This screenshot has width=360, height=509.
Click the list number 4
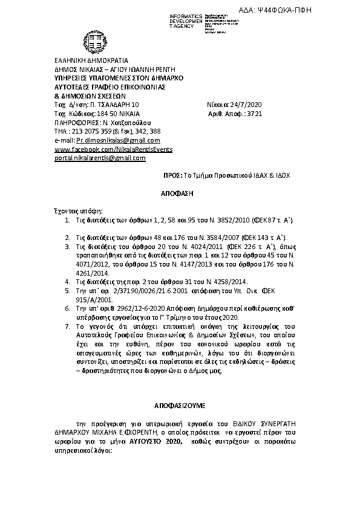(67, 282)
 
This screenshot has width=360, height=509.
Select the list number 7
(67, 326)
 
